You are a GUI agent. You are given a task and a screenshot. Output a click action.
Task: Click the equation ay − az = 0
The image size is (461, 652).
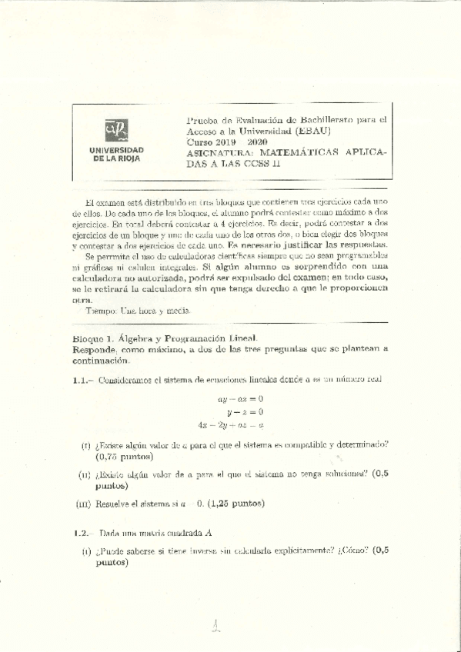tap(241, 399)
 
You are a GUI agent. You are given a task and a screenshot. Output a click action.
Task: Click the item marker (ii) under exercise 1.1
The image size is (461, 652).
tap(85, 475)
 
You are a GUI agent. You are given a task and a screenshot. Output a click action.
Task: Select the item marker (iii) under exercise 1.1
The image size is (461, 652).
tap(85, 504)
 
